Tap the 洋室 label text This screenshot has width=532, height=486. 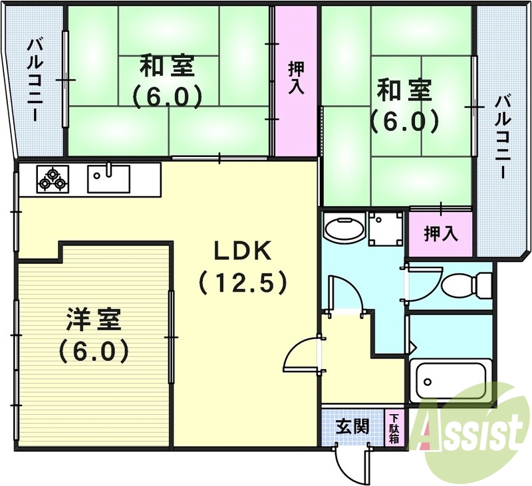tap(93, 320)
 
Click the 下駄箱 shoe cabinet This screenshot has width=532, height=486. tap(394, 428)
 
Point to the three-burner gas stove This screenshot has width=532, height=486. tap(52, 178)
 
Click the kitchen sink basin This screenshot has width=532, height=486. tap(109, 178)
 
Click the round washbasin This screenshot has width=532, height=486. tap(344, 229)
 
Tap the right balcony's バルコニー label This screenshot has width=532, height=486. tap(503, 137)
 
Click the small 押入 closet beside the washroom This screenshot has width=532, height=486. tap(441, 233)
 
